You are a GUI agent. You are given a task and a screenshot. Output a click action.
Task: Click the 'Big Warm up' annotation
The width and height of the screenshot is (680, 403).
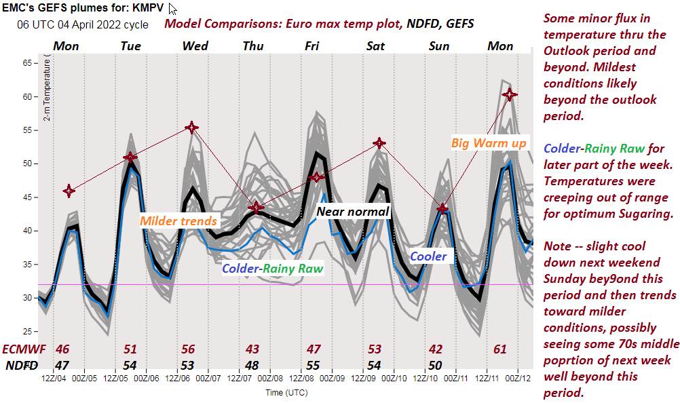click(x=489, y=143)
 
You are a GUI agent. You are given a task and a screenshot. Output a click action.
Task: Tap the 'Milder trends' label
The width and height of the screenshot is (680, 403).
click(x=178, y=220)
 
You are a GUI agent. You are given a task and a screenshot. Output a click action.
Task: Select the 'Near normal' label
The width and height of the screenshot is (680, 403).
click(x=353, y=212)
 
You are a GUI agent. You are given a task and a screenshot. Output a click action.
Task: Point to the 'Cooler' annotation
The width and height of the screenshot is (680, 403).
click(x=428, y=256)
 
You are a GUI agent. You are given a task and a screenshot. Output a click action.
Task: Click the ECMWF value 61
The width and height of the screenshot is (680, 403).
click(x=500, y=349)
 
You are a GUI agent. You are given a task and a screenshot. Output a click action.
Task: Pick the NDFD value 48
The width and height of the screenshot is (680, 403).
click(x=252, y=365)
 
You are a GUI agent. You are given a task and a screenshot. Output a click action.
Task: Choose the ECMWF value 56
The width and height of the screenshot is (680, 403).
click(x=188, y=349)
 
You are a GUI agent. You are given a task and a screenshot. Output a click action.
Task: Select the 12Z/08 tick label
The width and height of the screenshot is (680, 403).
click(x=301, y=377)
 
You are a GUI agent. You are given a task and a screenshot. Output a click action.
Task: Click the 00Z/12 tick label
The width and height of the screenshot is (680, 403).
click(x=518, y=377)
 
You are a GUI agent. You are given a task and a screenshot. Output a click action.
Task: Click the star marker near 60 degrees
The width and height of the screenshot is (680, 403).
click(x=510, y=94)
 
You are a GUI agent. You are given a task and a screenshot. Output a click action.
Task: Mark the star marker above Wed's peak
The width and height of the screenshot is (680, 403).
click(x=192, y=127)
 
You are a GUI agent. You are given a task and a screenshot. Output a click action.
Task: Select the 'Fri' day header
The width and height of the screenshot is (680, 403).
click(x=312, y=46)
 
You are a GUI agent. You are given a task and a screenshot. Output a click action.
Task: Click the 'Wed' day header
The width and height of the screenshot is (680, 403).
click(x=195, y=46)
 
